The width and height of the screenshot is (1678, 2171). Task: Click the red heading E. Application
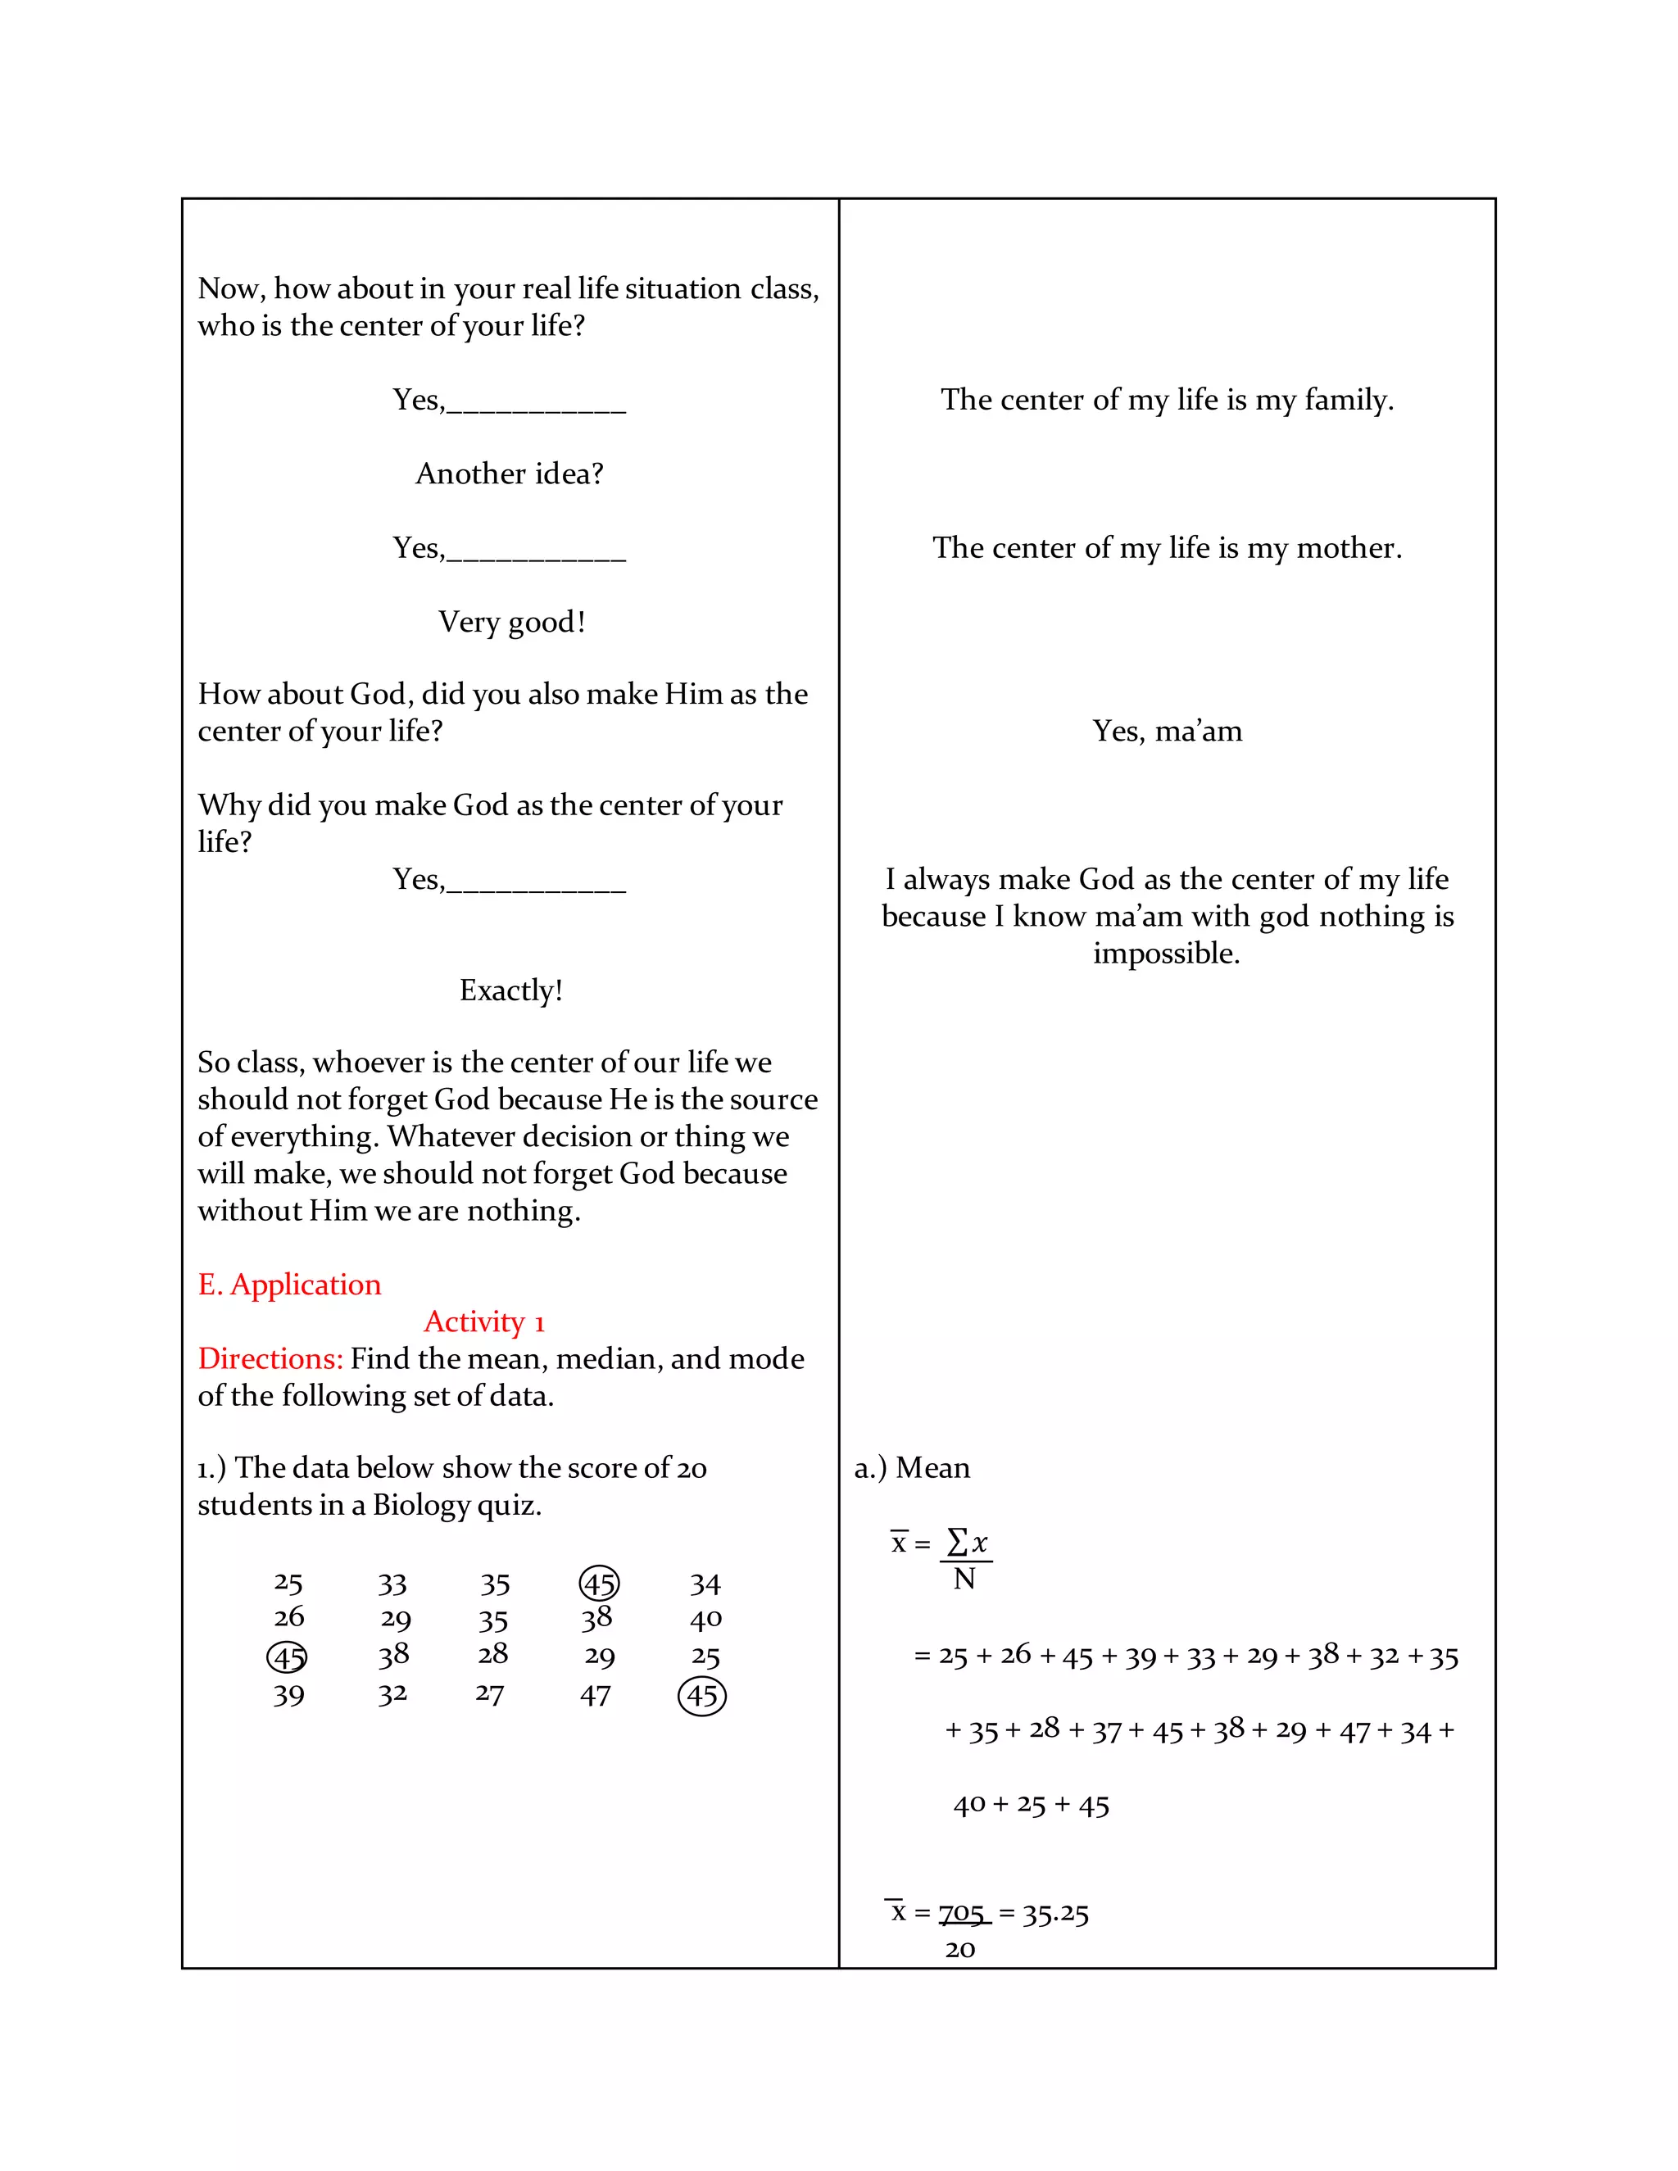(x=289, y=1285)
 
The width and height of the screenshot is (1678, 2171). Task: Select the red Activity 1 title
(x=484, y=1322)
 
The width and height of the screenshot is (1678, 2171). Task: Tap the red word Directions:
(x=270, y=1359)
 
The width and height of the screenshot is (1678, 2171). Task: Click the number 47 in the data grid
(x=596, y=1696)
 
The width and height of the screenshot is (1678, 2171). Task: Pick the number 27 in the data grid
(x=490, y=1694)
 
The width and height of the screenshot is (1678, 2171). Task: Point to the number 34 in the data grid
(x=705, y=1584)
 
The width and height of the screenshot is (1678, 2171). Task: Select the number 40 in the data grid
(x=705, y=1620)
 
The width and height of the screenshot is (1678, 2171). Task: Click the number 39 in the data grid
(x=288, y=1696)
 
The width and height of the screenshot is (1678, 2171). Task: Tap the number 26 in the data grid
(x=289, y=1618)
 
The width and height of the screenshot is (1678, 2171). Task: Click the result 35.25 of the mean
(x=1055, y=1915)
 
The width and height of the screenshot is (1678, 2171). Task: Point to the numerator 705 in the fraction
(x=961, y=1914)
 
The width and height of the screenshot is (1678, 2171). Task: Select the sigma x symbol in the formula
(x=968, y=1543)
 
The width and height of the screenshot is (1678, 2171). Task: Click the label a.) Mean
(x=912, y=1468)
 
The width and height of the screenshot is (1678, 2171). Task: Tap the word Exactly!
(x=511, y=990)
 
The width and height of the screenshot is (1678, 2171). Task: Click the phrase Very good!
(x=512, y=623)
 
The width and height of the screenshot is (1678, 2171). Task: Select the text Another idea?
(x=510, y=474)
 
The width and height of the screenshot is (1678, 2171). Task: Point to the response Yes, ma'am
(x=1167, y=732)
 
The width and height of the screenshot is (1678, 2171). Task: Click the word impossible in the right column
(x=1165, y=954)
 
